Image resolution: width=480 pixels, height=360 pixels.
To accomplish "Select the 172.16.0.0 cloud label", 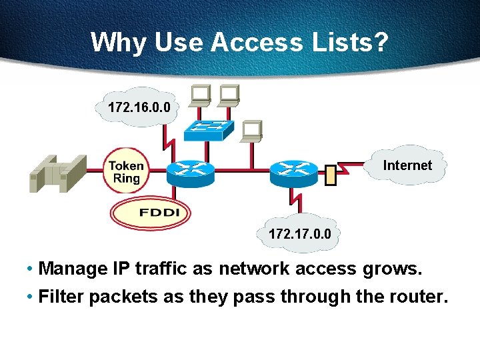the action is pyautogui.click(x=139, y=107).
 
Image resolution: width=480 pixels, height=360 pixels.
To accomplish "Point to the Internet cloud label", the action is pyautogui.click(x=407, y=165).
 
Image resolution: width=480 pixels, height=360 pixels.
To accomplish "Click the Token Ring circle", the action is pyautogui.click(x=125, y=171).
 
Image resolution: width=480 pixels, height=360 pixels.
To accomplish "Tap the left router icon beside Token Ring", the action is pyautogui.click(x=190, y=173).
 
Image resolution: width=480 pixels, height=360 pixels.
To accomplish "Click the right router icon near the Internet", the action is pyautogui.click(x=294, y=173).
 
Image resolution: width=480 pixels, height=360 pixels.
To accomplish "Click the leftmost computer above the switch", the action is pyautogui.click(x=199, y=95).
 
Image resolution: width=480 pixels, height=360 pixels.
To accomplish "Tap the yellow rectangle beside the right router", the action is pyautogui.click(x=329, y=175).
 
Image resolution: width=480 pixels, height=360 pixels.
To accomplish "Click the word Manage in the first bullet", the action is pyautogui.click(x=73, y=269).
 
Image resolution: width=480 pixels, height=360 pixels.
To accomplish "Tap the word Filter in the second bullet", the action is pyautogui.click(x=61, y=297).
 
